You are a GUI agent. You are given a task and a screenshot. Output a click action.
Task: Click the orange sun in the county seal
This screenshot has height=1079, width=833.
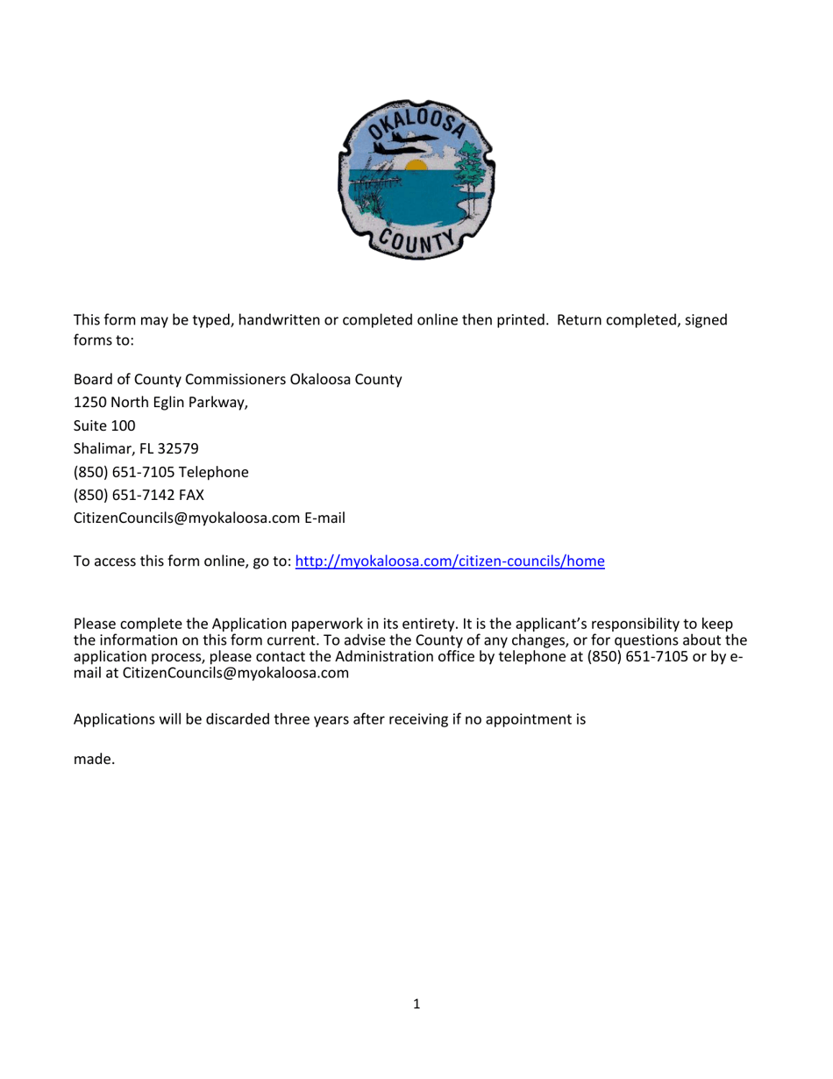[x=416, y=166]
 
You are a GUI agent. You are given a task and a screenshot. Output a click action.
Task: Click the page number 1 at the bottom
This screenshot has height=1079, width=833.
[x=416, y=1004]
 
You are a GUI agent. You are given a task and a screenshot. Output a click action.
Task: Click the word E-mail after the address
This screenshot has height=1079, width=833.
[x=324, y=518]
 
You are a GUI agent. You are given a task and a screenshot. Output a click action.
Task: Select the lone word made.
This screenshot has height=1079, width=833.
[x=94, y=760]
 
